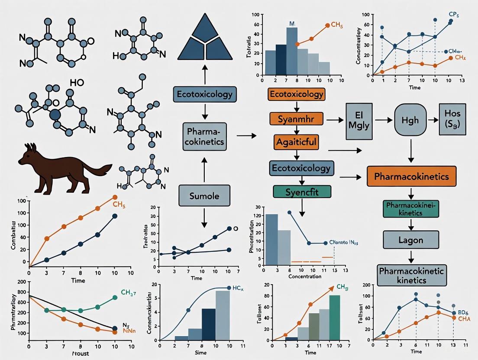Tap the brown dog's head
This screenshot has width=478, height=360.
click(29, 156)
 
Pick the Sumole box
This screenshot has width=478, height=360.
click(204, 196)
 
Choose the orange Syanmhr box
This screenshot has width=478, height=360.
click(297, 118)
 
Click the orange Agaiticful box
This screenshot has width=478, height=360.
click(296, 141)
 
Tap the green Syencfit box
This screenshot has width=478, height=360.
click(302, 191)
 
